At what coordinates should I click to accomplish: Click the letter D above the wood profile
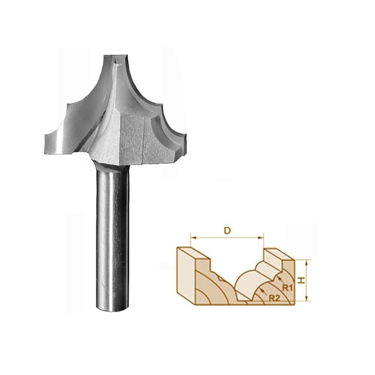pyautogui.click(x=227, y=231)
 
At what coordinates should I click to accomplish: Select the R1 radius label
pyautogui.click(x=287, y=288)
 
